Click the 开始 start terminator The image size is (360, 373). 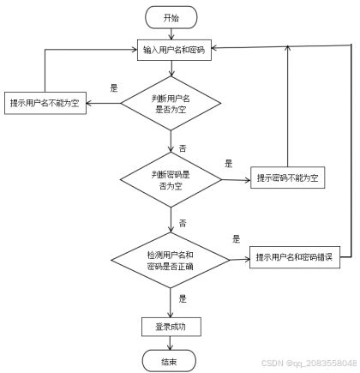(171, 17)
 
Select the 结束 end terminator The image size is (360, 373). (169, 361)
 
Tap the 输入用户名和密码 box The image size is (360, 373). (174, 50)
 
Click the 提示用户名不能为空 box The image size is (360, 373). (45, 103)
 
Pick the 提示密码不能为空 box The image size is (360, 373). (288, 177)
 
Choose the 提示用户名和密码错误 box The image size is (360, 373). (295, 257)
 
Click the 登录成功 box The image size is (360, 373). (171, 327)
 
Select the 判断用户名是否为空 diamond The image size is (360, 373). (171, 104)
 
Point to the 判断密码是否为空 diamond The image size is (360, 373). (171, 180)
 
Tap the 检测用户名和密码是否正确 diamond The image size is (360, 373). (171, 260)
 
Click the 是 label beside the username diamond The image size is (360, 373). (114, 87)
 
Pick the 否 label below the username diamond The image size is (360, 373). (183, 148)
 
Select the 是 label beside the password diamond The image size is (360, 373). (229, 164)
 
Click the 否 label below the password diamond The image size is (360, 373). (183, 223)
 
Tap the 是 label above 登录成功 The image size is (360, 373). (183, 298)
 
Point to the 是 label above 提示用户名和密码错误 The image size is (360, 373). (237, 239)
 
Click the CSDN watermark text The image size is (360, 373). (309, 363)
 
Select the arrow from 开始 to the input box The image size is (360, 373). (171, 34)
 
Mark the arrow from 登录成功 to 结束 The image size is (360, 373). (171, 343)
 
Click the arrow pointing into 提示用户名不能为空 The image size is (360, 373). (104, 103)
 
